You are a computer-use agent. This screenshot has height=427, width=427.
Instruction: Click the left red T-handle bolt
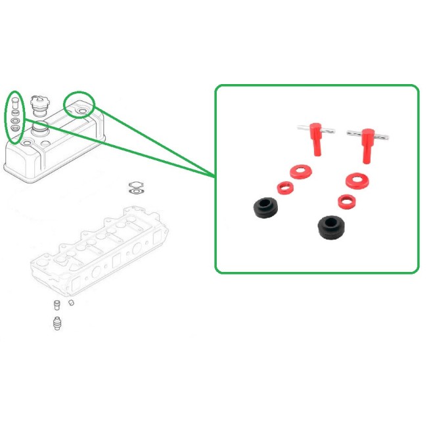tap(317, 139)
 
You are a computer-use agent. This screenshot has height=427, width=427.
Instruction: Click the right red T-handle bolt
tap(366, 145)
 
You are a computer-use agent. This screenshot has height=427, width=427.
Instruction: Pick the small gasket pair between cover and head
tap(136, 189)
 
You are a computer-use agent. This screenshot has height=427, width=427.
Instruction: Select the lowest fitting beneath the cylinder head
tap(56, 323)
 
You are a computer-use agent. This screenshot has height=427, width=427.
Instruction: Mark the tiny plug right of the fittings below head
tap(71, 303)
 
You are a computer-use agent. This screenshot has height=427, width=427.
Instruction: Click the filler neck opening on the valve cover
tap(41, 126)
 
